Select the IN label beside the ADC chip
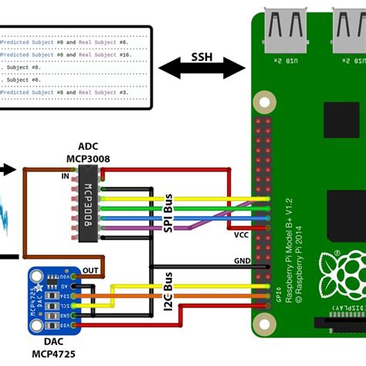(65, 177)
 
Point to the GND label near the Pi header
(242, 261)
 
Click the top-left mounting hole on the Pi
(265, 101)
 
